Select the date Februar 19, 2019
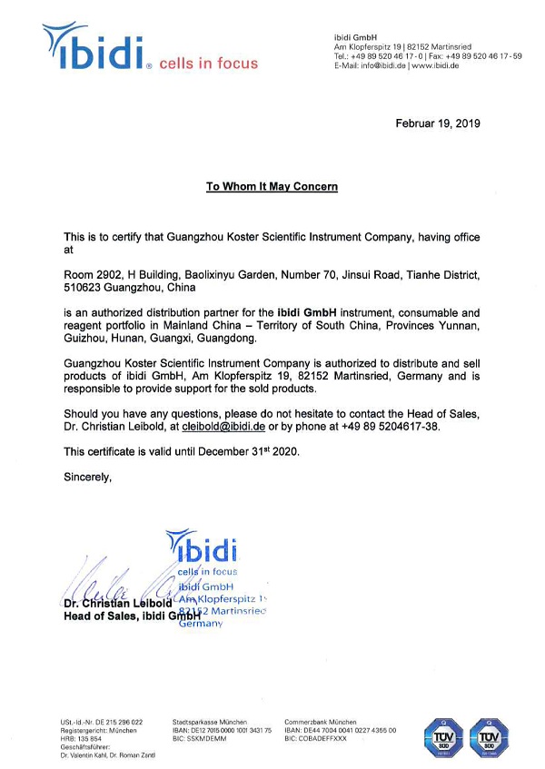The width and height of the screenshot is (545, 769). click(438, 123)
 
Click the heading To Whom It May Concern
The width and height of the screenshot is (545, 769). click(272, 186)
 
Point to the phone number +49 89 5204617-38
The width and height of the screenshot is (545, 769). click(384, 426)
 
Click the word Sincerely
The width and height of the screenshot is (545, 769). click(88, 476)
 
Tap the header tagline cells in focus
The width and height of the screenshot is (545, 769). click(208, 64)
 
